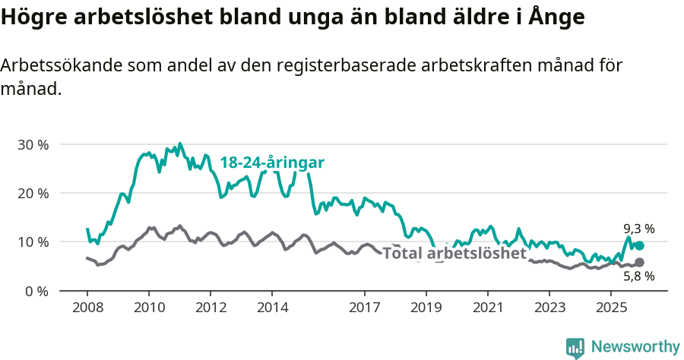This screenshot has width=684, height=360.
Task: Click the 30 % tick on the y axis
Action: pyautogui.click(x=33, y=144)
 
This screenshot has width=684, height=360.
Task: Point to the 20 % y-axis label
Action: pyautogui.click(x=33, y=193)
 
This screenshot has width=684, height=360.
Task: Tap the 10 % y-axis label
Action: pyautogui.click(x=33, y=242)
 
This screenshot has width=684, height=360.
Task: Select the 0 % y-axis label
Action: pyautogui.click(x=36, y=291)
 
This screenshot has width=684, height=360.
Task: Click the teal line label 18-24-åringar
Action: pyautogui.click(x=272, y=163)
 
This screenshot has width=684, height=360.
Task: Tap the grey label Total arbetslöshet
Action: pyautogui.click(x=454, y=253)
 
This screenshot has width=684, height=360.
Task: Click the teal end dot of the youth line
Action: pyautogui.click(x=639, y=245)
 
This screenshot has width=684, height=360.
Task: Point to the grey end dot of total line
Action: pyautogui.click(x=639, y=263)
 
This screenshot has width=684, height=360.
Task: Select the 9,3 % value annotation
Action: pyautogui.click(x=638, y=228)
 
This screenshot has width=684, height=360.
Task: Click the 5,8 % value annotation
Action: pyautogui.click(x=638, y=277)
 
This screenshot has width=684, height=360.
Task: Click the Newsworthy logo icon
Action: pyautogui.click(x=575, y=348)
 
